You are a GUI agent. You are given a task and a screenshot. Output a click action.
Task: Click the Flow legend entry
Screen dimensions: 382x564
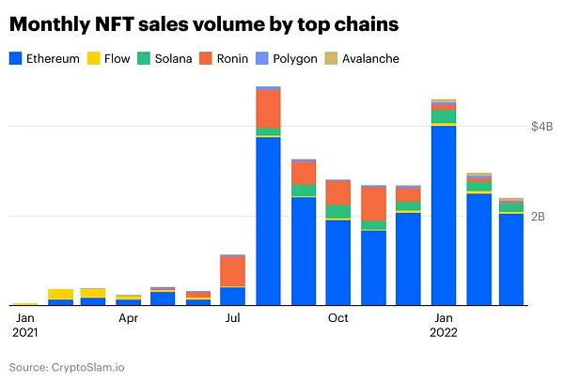[x=109, y=58]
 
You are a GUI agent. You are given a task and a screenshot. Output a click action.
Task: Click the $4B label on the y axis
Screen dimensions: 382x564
[x=542, y=125]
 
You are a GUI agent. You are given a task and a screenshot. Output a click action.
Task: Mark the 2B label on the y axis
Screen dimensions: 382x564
[x=539, y=216]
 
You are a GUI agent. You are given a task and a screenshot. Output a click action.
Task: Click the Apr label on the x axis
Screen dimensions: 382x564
[x=129, y=318]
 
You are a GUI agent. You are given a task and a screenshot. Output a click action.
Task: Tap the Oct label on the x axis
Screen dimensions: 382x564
[x=338, y=318]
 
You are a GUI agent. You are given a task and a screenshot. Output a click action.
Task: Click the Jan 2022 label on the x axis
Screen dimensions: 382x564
[x=444, y=325]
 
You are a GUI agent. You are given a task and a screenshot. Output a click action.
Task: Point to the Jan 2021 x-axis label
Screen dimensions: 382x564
[x=24, y=325]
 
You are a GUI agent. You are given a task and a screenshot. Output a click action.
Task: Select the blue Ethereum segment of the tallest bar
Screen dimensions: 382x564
[x=269, y=221]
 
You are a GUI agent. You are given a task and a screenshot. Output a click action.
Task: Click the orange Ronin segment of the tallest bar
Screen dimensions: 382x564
[x=269, y=108]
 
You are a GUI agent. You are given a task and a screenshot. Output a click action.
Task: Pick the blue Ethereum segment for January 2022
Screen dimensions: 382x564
[x=444, y=215]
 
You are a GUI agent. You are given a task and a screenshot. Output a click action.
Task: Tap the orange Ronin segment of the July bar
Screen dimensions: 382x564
[x=232, y=271]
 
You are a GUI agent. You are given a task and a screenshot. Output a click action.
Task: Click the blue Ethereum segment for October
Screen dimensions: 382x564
[x=338, y=262]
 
